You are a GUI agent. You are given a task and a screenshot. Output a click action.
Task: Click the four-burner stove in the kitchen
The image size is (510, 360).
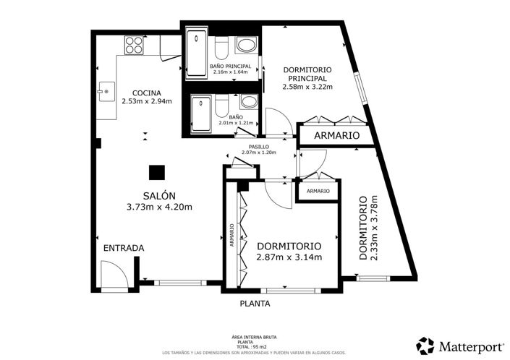[134, 45]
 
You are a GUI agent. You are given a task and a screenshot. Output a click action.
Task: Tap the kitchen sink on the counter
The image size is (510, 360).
[106, 92]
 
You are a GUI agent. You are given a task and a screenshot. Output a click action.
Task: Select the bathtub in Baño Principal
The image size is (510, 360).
[197, 53]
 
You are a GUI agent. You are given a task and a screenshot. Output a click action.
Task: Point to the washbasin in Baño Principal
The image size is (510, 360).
[247, 45]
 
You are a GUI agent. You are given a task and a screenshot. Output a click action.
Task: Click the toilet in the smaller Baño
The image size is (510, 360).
[223, 106]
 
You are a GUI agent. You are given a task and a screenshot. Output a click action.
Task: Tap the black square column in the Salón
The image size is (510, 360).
[157, 173]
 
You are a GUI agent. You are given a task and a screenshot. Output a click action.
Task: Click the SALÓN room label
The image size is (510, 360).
[159, 196]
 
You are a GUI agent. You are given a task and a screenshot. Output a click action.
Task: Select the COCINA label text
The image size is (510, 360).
[147, 93]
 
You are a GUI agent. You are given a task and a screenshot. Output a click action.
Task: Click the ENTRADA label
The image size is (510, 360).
[124, 248]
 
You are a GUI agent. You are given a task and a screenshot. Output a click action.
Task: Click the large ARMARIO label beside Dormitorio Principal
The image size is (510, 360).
[336, 135]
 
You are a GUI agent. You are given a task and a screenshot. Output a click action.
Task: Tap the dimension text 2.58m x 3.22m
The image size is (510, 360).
[307, 87]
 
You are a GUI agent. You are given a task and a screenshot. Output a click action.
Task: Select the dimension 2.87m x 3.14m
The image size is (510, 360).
[289, 257]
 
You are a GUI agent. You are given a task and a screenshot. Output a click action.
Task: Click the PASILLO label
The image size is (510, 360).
[259, 147]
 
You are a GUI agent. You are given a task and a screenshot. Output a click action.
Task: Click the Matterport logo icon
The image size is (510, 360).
[425, 346]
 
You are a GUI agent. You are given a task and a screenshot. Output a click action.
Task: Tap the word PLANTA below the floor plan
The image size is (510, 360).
[255, 304]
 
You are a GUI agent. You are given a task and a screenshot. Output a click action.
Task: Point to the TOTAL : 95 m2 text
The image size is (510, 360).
[254, 347]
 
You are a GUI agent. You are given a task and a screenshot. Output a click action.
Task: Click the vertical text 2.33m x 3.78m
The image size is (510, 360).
[374, 228]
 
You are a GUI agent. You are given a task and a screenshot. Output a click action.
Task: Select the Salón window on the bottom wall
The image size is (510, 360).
[180, 283]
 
